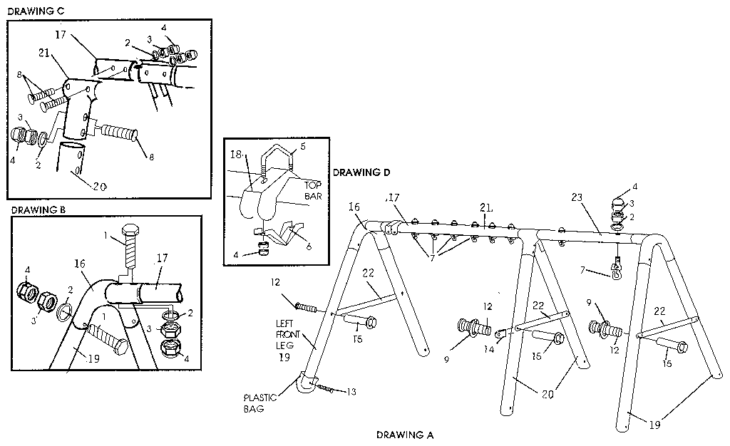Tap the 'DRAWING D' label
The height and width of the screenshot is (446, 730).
pos(361,172)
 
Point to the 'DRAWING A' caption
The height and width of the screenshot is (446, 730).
pos(404,434)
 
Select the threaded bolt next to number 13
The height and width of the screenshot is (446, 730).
pos(325,388)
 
